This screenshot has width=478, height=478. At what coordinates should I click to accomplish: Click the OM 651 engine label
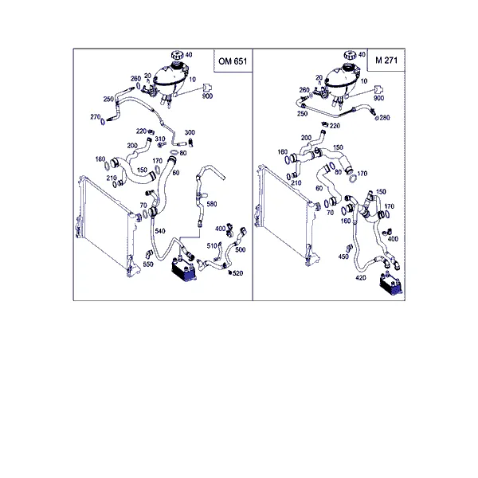(233, 61)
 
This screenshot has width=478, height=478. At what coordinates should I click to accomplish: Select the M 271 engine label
(386, 60)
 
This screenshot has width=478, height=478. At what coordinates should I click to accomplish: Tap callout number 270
(95, 117)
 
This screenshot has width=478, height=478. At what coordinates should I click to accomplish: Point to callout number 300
(190, 132)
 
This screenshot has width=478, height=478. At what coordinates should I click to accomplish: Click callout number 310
(160, 139)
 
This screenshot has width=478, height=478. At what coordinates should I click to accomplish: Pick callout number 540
(160, 231)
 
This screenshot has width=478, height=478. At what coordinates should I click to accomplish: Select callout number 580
(212, 204)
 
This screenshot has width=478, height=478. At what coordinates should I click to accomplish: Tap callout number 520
(237, 273)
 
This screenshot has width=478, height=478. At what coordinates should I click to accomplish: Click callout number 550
(148, 264)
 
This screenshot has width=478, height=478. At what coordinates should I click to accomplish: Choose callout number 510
(212, 245)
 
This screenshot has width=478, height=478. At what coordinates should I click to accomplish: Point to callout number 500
(241, 249)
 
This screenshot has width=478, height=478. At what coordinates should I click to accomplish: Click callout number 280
(385, 117)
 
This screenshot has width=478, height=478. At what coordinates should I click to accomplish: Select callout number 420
(361, 278)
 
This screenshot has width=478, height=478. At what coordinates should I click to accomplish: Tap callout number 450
(343, 257)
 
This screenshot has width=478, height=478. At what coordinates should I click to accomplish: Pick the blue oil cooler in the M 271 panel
(391, 284)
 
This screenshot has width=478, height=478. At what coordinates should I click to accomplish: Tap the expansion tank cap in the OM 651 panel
(177, 56)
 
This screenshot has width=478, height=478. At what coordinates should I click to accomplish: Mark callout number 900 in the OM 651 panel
(207, 96)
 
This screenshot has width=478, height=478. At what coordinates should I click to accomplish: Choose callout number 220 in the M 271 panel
(335, 126)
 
